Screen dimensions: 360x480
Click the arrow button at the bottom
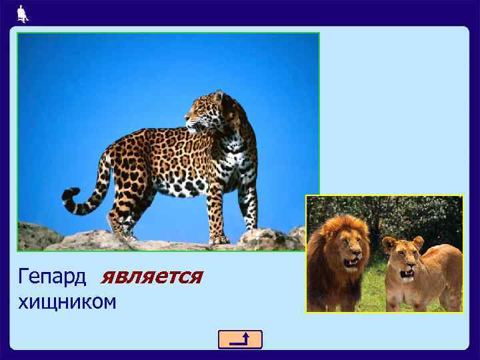point(240,339)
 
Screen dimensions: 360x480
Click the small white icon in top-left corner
point(22,12)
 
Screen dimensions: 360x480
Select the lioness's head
point(403,257)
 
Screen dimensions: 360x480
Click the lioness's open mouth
point(406,272)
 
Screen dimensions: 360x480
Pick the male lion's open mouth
point(349,262)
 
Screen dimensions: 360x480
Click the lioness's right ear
point(418,241)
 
